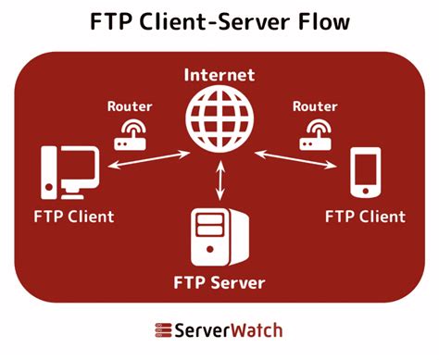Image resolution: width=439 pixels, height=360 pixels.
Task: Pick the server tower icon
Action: (x=219, y=236)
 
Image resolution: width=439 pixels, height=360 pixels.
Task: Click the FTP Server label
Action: (x=219, y=281)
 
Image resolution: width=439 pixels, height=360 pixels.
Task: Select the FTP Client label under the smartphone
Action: (x=365, y=217)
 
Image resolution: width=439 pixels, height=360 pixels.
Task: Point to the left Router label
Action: (x=129, y=106)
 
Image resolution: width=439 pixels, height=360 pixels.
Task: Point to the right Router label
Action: (x=314, y=106)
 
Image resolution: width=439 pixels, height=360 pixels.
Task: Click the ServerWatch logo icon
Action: (x=164, y=330)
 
